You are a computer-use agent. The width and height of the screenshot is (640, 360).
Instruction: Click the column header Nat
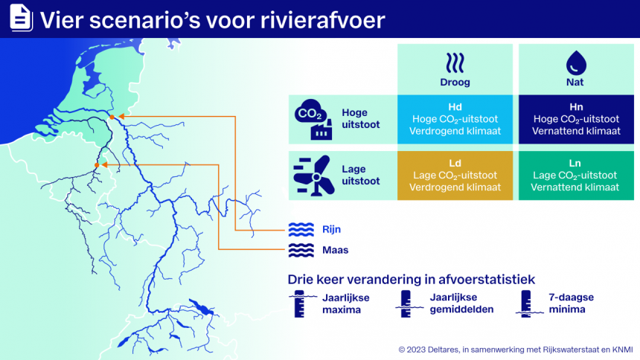(x=575, y=83)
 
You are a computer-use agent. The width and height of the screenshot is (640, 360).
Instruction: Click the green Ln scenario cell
(x=575, y=176)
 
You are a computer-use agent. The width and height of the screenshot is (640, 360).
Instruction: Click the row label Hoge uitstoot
(x=360, y=119)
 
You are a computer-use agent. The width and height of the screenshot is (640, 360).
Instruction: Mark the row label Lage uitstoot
(x=360, y=176)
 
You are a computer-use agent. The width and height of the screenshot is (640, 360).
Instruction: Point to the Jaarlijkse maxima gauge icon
(x=299, y=303)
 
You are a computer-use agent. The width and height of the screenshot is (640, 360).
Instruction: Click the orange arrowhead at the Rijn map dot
(x=121, y=117)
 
